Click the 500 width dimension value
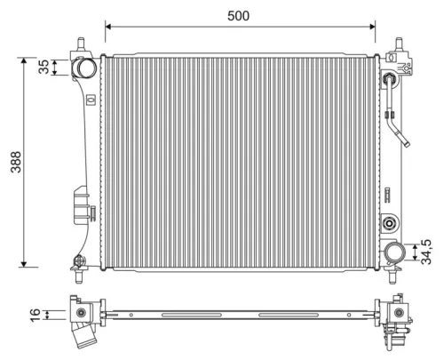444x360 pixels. point(237,15)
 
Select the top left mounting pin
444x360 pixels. point(83,44)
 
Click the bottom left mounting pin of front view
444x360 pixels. point(80,261)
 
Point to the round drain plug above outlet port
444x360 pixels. point(389,223)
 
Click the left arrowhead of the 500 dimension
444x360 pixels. point(108,27)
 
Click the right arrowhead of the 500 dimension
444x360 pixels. point(374,27)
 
